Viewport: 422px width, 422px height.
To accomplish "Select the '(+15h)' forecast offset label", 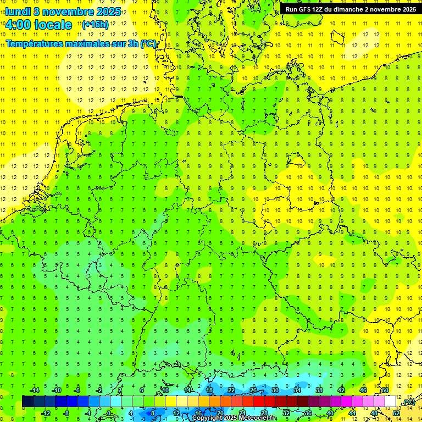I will coord(95,24).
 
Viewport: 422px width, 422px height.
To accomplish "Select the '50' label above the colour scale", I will coord(385,390).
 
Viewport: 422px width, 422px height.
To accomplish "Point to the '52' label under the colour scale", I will coord(396,413).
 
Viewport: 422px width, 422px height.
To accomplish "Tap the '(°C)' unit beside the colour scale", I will coord(408,402).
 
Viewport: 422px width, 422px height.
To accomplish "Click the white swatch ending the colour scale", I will coord(391,402).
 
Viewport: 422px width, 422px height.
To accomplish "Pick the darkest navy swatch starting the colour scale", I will coord(27,402).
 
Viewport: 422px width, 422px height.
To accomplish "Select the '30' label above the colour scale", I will coord(275,390).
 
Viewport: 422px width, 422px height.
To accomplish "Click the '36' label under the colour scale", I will coord(308,413).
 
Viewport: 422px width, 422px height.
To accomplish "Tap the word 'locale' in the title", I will coord(53,25).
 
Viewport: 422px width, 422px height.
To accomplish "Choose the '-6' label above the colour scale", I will coord(77,390).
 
